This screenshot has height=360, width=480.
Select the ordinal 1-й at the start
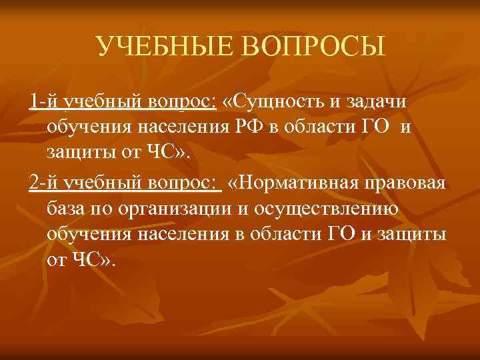(43, 101)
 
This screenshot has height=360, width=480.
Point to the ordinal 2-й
(43, 184)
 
